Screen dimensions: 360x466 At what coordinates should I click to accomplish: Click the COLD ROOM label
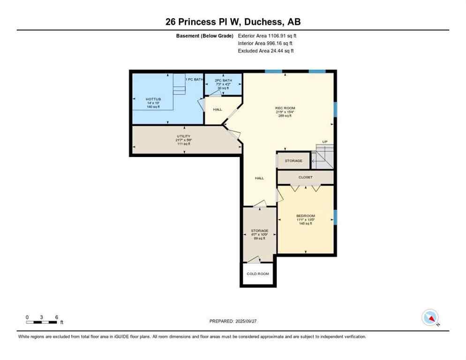258,274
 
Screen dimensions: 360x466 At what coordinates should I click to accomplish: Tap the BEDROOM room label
306,216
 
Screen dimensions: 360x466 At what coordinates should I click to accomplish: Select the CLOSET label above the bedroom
305,177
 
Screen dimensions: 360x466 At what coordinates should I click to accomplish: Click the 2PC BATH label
223,80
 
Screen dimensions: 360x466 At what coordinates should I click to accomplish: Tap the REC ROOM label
285,108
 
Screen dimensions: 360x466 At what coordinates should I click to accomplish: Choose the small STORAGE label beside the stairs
293,161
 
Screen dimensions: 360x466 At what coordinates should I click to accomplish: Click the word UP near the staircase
324,142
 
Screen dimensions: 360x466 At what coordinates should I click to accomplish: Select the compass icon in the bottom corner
430,318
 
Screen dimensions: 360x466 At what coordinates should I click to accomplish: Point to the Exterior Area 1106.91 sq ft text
267,36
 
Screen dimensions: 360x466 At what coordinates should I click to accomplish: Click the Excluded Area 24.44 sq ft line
266,51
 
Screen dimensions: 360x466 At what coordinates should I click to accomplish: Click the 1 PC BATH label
194,79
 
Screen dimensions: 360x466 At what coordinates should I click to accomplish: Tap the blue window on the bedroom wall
335,217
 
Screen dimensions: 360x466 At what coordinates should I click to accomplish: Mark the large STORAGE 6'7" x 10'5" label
259,231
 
